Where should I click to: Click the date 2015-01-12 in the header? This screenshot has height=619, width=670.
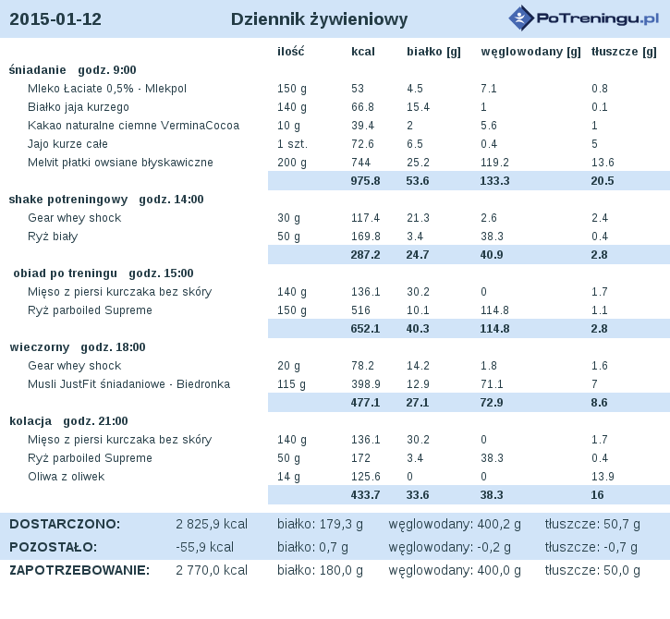(55, 19)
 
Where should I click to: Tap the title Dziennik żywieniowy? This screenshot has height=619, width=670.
(319, 19)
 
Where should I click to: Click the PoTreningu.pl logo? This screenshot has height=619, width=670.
(584, 18)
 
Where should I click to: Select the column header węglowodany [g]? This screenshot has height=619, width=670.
(530, 52)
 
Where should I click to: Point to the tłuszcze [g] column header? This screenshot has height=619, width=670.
(624, 52)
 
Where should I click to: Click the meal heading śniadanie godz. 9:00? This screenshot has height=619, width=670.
(73, 70)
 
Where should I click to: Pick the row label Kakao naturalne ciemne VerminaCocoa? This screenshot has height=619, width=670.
(133, 126)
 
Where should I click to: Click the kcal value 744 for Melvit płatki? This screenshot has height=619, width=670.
(360, 163)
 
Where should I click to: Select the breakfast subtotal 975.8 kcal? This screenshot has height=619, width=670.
(365, 181)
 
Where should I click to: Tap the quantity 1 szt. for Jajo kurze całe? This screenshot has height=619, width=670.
(292, 144)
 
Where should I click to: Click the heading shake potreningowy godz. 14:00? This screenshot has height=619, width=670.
(106, 200)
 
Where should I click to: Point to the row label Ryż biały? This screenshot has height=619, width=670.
(53, 237)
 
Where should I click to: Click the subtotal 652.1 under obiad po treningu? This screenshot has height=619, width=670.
(365, 329)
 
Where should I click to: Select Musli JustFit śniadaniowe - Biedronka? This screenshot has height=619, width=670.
(128, 384)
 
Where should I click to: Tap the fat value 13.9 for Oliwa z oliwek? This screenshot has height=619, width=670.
(603, 477)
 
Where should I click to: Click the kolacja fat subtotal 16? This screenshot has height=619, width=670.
(597, 494)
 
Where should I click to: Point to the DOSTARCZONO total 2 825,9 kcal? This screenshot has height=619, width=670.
(212, 524)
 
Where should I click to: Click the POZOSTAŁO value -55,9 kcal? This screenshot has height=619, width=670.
(204, 547)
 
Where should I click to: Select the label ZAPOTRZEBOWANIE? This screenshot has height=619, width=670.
(79, 570)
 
